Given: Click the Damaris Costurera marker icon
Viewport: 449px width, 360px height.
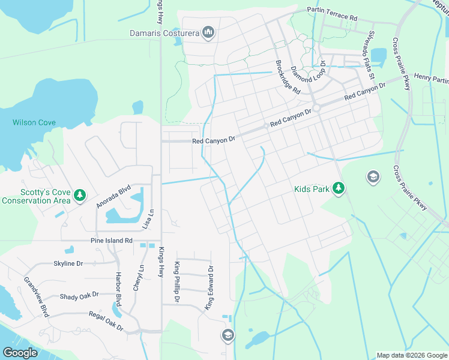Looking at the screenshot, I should pos(208,32).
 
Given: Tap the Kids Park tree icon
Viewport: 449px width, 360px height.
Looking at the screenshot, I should pos(339,189).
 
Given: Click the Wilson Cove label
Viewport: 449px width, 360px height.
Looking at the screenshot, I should pos(34,122).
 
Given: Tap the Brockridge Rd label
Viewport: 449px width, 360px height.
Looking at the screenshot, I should pos(288,77).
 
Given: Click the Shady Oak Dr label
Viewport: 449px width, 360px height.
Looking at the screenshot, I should pos(79,296).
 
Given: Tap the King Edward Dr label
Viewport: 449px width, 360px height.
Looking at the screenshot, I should pos(210,288).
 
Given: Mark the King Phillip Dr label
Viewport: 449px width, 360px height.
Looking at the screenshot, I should pos(177,282).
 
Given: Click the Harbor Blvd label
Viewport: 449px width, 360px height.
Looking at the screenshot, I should pos(118,288).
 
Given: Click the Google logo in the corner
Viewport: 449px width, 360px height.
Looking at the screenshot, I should pos(20,353).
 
